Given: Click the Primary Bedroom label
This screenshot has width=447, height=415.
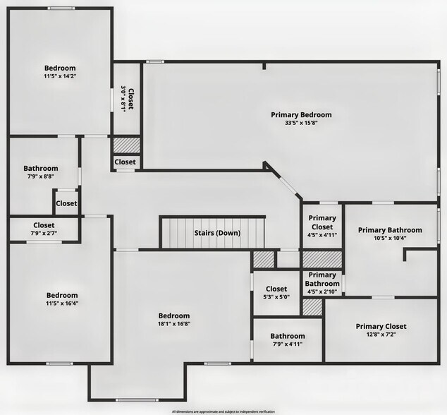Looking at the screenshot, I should click(301, 114).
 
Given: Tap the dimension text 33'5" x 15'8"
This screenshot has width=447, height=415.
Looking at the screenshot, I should click(301, 123).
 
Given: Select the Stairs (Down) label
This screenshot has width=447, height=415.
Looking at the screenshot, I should click(217, 233).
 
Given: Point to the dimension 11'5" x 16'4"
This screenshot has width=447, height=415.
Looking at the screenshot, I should click(62, 304).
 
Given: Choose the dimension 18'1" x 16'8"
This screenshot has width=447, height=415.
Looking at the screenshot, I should click(173, 324).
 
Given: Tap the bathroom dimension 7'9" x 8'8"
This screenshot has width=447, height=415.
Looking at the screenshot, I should click(40, 177).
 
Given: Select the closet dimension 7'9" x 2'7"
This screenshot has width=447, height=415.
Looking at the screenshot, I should click(44, 233).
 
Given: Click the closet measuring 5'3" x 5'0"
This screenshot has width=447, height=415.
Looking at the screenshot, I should click(276, 297).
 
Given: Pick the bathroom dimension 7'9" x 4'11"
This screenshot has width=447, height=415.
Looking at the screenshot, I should click(287, 344).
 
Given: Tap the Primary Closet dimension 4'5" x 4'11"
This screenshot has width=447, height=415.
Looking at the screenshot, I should click(322, 235).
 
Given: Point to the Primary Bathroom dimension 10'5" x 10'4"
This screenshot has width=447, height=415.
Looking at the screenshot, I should click(390, 238).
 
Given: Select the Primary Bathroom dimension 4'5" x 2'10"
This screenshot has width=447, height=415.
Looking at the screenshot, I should click(322, 291).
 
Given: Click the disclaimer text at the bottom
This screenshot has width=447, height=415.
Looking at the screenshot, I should click(223, 411).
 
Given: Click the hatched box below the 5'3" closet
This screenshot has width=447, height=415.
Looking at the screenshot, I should click(312, 307).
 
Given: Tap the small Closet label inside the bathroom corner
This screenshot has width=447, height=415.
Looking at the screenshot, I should click(66, 203).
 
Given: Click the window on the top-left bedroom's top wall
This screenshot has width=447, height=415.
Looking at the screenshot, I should click(61, 8).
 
